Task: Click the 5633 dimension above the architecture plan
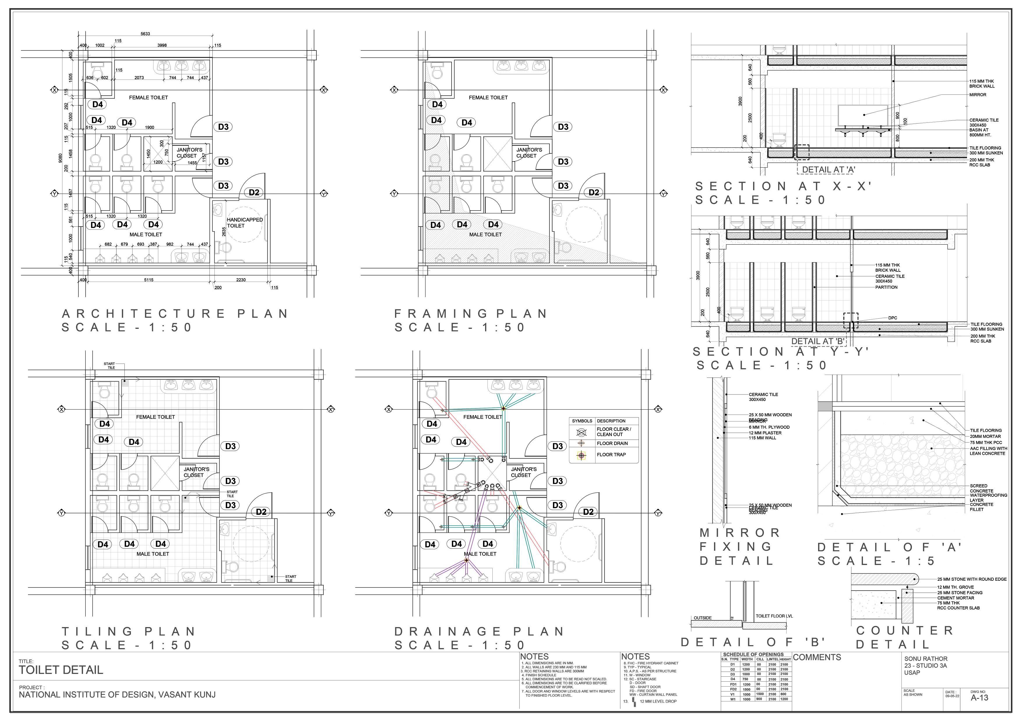point(145,34)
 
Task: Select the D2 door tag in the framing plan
point(594,192)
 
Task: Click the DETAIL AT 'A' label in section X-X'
point(828,170)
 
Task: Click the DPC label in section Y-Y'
point(892,318)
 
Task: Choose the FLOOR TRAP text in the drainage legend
point(611,455)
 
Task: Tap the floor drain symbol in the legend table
point(581,443)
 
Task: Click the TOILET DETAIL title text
point(61,670)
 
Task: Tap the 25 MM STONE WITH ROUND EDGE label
point(972,579)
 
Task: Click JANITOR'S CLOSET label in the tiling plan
point(196,472)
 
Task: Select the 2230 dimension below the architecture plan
point(241,280)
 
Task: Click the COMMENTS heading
point(817,657)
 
